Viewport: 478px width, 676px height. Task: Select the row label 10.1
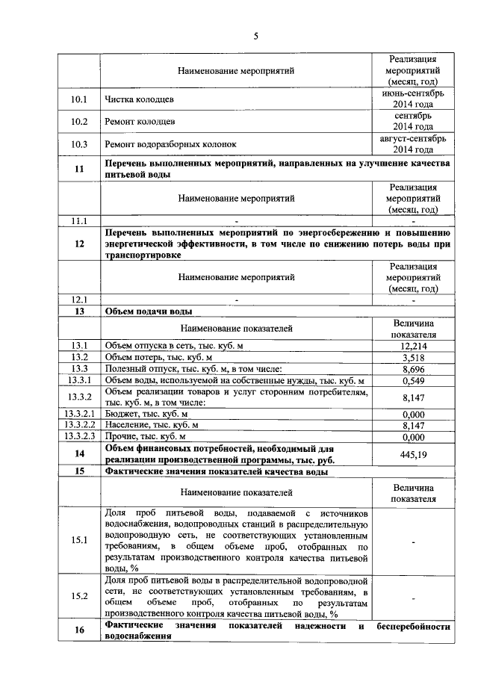tap(79, 99)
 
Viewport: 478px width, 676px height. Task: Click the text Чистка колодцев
tap(140, 99)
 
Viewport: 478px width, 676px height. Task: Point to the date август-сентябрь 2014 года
tap(412, 144)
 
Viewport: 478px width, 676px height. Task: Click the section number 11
tap(79, 169)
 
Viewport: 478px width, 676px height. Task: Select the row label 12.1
tap(79, 300)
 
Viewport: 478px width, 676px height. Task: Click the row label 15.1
tap(79, 540)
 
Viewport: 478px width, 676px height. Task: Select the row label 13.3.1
tap(79, 381)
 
